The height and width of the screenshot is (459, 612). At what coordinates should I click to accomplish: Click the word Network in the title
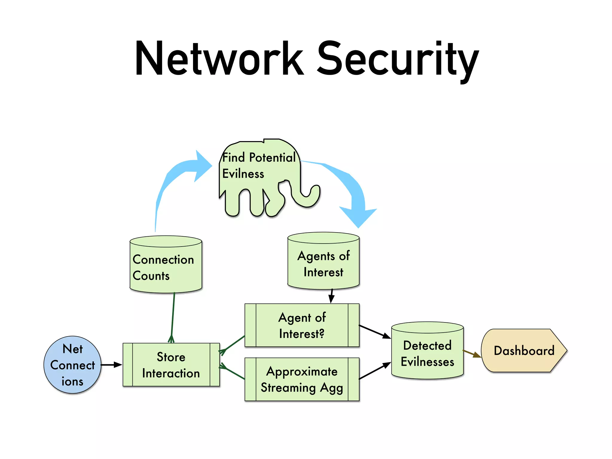[220, 59]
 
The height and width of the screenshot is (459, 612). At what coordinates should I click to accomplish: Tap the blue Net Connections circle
[72, 365]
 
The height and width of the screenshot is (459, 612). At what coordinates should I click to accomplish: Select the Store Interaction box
[171, 365]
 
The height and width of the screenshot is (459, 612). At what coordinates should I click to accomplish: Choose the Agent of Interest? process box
[302, 325]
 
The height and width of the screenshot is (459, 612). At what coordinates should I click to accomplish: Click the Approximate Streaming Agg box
[302, 379]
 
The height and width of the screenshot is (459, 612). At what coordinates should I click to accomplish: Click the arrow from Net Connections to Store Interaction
[111, 365]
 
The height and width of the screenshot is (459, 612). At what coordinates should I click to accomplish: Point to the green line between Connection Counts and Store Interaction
[173, 317]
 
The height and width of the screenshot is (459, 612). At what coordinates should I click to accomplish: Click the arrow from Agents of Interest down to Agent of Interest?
[331, 296]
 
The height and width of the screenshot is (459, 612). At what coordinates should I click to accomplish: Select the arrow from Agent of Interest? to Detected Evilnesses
[375, 332]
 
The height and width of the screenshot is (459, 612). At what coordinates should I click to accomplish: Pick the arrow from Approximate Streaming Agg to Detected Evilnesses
[375, 371]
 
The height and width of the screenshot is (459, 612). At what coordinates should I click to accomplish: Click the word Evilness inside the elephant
[243, 174]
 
